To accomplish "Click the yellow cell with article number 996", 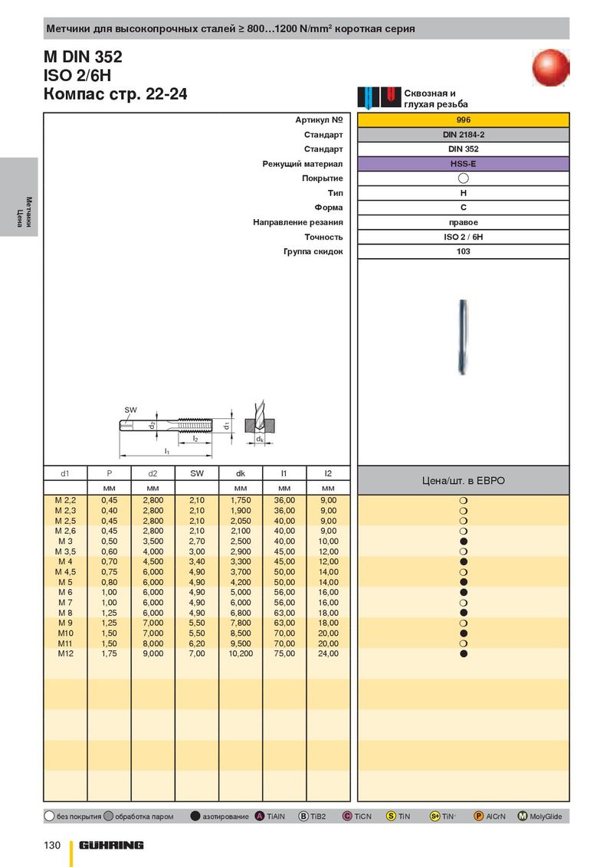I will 463,120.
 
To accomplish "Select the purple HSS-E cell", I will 463,164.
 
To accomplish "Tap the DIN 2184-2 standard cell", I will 463,135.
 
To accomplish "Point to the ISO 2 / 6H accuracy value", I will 463,237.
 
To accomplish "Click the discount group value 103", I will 463,251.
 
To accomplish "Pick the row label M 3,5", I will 65,551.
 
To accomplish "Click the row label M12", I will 65,654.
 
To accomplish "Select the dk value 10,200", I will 241,654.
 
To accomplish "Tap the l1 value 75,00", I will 284,654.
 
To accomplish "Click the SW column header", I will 197,473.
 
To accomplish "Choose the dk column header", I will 241,473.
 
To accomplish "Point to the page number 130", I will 51,845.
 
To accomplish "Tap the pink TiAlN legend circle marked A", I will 260,816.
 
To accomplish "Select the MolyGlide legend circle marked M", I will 523,816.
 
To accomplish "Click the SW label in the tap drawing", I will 130,411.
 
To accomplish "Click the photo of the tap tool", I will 463,333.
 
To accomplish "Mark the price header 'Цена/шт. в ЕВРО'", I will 463,481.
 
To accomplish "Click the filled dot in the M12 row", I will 464,654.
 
